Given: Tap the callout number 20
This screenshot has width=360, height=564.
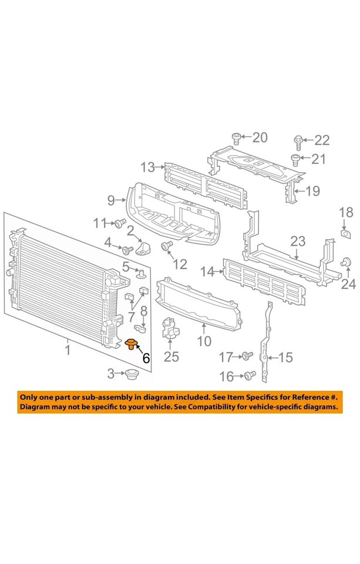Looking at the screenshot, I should [x=259, y=138].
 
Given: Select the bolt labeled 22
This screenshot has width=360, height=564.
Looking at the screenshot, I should [x=298, y=141].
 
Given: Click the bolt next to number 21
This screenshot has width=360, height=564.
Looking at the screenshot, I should [x=296, y=158].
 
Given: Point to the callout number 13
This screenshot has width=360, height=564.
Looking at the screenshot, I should [x=147, y=167].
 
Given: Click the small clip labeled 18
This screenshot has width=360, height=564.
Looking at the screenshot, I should [x=346, y=236].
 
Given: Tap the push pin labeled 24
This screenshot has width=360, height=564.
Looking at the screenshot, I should [x=347, y=262].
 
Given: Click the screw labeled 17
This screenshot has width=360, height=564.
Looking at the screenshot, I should [x=247, y=355].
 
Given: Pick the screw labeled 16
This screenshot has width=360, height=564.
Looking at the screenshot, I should [x=249, y=374].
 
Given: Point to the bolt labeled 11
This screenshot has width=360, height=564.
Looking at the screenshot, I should [x=120, y=223].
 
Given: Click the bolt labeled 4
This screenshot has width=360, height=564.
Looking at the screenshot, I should [x=126, y=250].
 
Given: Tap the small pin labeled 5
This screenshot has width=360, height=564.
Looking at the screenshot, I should [x=142, y=273].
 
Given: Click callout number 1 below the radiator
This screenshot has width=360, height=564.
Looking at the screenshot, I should [x=68, y=351].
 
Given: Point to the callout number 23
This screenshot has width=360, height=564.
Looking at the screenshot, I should [x=298, y=241].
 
